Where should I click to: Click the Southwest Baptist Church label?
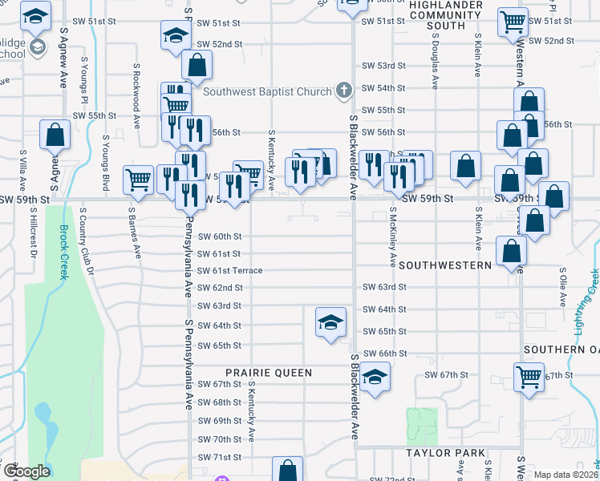(x=267, y=91)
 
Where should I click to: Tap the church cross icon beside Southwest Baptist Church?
(x=344, y=90)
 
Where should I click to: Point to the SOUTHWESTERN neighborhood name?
(x=444, y=265)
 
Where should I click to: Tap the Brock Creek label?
(x=64, y=253)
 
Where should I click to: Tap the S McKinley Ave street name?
(x=392, y=237)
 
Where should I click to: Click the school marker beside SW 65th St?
(x=330, y=323)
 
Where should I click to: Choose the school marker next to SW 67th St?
(x=374, y=378)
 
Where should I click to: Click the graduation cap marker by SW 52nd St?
(x=174, y=35)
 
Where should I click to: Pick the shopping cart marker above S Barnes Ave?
(x=139, y=180)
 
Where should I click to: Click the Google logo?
(x=27, y=472)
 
